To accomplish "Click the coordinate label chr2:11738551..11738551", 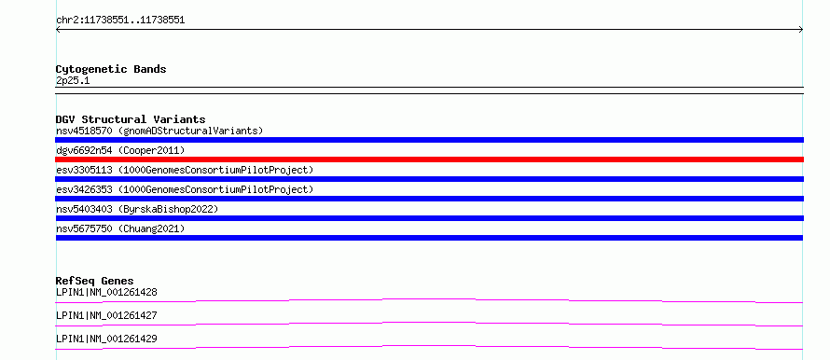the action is [120, 21].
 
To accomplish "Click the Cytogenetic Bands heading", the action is [111, 69].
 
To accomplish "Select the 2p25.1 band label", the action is [73, 81].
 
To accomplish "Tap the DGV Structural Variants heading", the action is [131, 119].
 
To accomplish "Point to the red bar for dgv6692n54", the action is [429, 159].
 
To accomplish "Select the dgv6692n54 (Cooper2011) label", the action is [120, 151].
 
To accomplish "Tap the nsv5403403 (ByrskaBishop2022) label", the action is [137, 209].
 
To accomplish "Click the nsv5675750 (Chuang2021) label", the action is [120, 228].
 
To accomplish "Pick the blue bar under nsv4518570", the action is [429, 140].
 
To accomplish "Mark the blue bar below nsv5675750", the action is [429, 238].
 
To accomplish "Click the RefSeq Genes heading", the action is [95, 281].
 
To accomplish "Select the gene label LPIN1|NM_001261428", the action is [106, 292].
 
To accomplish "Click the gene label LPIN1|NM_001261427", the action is [106, 315].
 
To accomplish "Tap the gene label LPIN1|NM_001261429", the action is [106, 339].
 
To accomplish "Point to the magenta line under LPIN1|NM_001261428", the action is [429, 299].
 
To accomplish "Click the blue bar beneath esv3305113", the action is [429, 179].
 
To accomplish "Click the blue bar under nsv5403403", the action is [429, 218].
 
